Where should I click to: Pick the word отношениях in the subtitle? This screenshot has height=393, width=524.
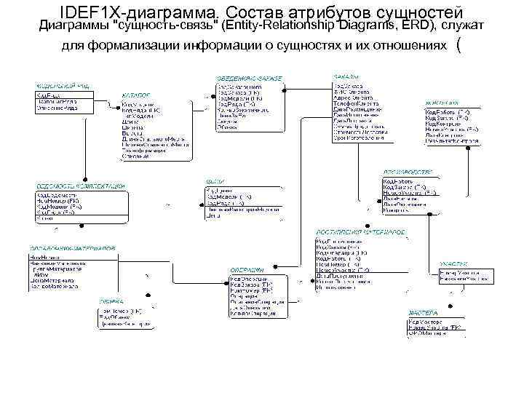[x=408, y=47]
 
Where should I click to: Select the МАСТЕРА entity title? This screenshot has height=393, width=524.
[x=423, y=312]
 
